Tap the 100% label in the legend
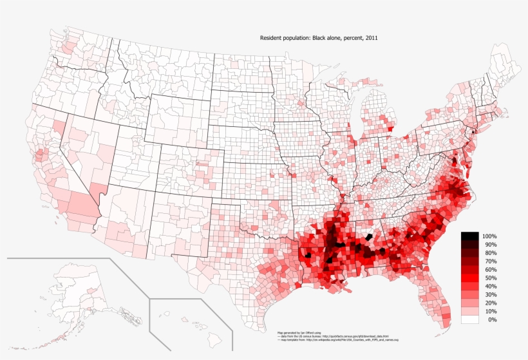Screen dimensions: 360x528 [x=489, y=237]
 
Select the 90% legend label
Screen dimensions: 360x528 [x=490, y=245]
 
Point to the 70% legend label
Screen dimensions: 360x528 [x=490, y=262]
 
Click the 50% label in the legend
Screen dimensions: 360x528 [x=490, y=278]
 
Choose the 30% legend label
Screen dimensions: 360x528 [x=490, y=295]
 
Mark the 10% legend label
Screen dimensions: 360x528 [x=490, y=312]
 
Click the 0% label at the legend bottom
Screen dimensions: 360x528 [x=492, y=320]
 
